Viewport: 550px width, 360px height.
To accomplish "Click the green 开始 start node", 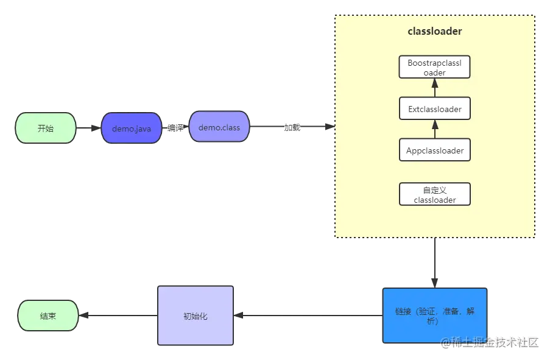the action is [x=46, y=128].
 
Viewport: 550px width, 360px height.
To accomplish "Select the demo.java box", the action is [x=132, y=128].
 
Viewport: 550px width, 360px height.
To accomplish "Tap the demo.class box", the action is [x=219, y=127].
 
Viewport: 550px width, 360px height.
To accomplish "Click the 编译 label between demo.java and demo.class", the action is [x=175, y=128].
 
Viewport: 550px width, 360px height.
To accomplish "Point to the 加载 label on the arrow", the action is [x=292, y=127].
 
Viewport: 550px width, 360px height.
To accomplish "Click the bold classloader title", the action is [x=435, y=31].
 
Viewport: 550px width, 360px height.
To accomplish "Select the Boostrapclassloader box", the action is [x=435, y=67].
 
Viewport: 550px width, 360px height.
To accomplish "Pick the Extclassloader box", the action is [x=435, y=109].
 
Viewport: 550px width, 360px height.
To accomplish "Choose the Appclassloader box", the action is [x=435, y=150].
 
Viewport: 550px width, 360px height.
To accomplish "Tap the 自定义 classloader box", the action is [x=435, y=194].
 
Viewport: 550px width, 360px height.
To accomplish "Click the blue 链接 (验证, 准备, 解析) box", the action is [x=435, y=316].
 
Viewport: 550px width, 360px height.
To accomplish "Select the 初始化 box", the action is [x=196, y=316].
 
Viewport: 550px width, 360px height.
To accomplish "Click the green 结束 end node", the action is [x=48, y=316].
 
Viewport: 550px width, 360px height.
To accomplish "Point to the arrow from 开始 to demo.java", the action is [x=88, y=128].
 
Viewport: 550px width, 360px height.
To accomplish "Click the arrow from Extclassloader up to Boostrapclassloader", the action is [x=435, y=88].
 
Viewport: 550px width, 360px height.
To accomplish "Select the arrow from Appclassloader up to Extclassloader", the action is [x=435, y=129].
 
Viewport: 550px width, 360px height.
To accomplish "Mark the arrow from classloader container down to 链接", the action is [x=435, y=263].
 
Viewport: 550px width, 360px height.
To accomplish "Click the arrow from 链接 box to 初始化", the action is [x=308, y=316].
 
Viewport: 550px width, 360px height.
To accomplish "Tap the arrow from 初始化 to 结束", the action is [x=118, y=316].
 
